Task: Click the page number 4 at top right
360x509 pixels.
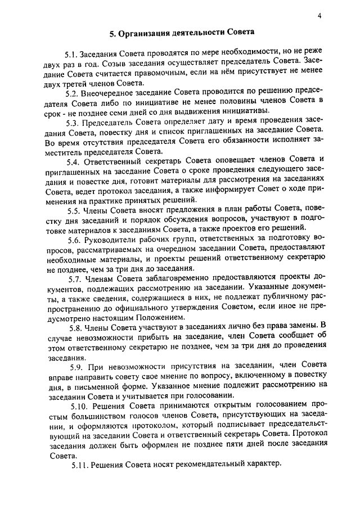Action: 319,16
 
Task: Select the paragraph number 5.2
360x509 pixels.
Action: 71,93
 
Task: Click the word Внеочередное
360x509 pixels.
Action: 109,93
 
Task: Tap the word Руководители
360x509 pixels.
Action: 110,240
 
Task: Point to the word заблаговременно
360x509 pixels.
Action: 165,278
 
